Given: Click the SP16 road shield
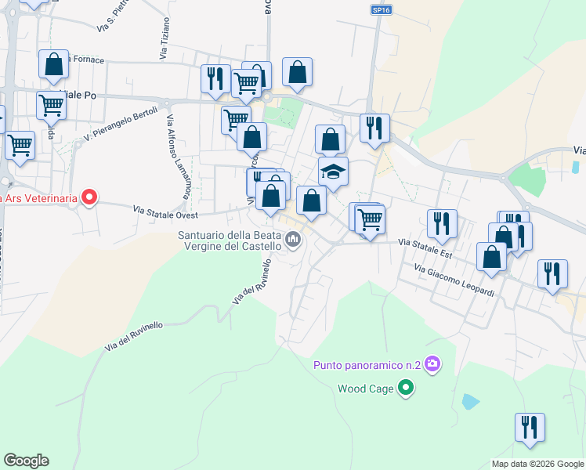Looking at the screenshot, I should point(379,9).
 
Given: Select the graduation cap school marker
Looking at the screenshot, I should point(333,172).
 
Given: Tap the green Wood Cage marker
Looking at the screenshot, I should point(405,388).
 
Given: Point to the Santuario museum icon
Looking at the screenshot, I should point(294,239).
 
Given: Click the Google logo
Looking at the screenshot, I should point(26,461).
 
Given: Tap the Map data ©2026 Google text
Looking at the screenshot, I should point(537,464).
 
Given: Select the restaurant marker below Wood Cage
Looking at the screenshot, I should point(530,428).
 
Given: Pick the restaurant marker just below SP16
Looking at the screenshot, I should point(375,128).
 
